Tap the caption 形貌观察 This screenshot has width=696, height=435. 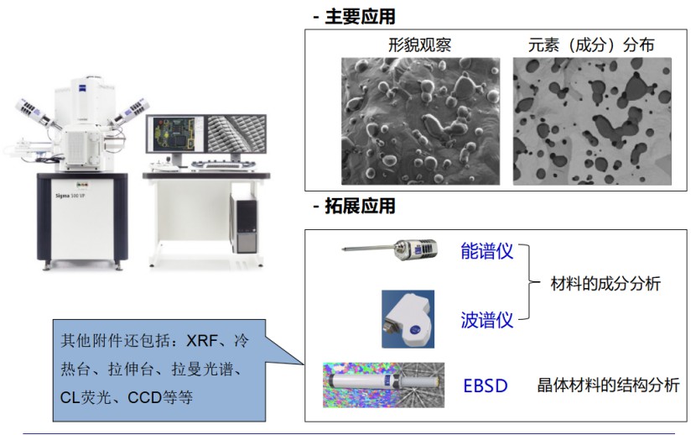click(419, 45)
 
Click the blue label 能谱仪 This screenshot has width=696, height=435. click(486, 251)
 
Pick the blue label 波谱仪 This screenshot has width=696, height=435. click(486, 320)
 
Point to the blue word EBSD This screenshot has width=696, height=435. click(486, 387)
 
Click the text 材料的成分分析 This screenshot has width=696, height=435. click(605, 285)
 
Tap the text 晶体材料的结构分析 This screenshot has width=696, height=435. click(608, 386)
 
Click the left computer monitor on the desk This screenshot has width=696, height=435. click(175, 139)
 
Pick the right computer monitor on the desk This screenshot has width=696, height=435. click(236, 138)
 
